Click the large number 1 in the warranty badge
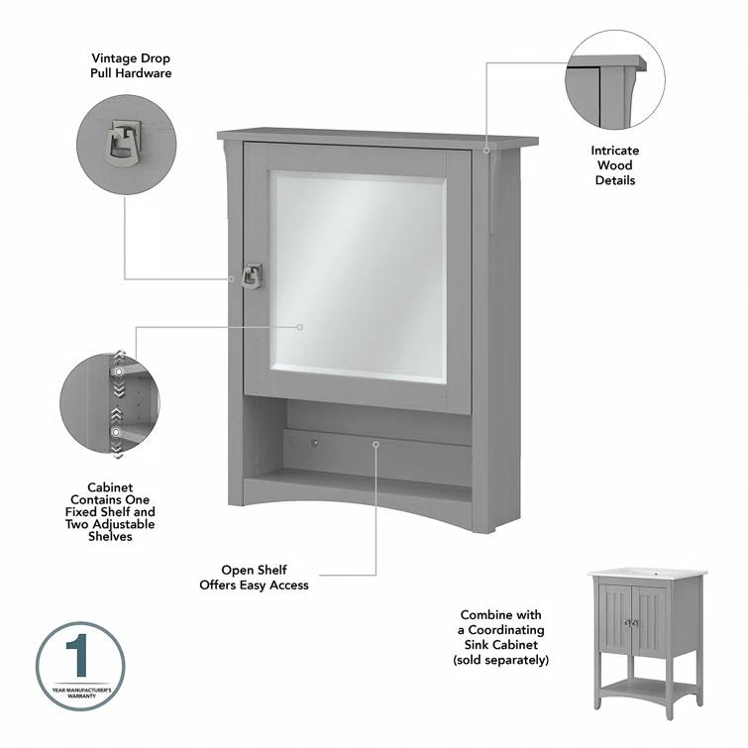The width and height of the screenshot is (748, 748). click(80, 659)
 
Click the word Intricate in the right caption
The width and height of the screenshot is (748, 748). click(615, 151)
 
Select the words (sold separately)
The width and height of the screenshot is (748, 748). click(500, 659)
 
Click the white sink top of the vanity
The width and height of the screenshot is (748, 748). click(646, 575)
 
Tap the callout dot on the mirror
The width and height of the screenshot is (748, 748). click(300, 326)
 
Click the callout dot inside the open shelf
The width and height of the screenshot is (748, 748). click(376, 444)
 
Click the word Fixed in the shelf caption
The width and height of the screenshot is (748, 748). click(97, 513)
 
